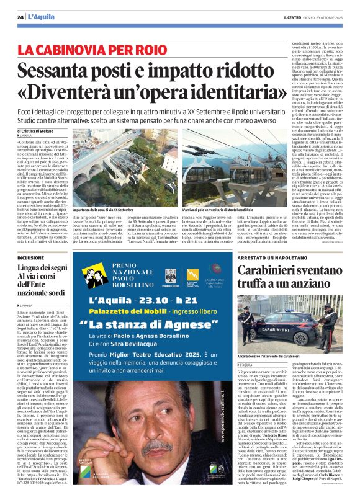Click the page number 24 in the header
click(x=20, y=17)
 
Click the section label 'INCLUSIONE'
click(x=31, y=257)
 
